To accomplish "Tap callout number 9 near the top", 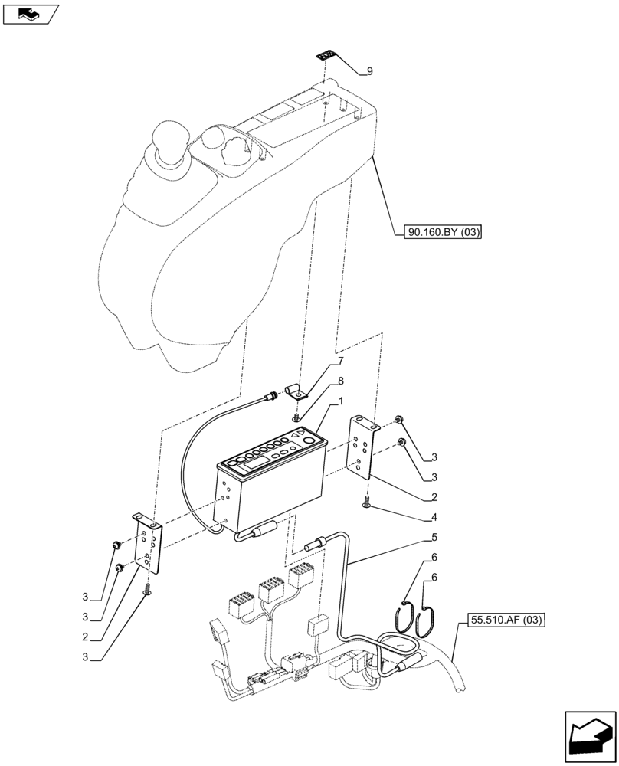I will tap(369, 72).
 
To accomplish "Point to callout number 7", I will tap(341, 359).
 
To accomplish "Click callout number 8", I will tap(341, 380).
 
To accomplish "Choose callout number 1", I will tap(341, 400).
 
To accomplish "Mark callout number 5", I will tap(434, 538).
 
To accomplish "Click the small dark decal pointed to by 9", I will tap(326, 55).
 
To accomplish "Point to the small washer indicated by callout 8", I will tap(296, 418).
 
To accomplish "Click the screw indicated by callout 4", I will tap(367, 502).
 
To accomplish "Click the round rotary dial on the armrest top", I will tap(231, 147).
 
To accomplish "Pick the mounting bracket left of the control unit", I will tap(149, 543).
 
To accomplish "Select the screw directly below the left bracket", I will tap(147, 588).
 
